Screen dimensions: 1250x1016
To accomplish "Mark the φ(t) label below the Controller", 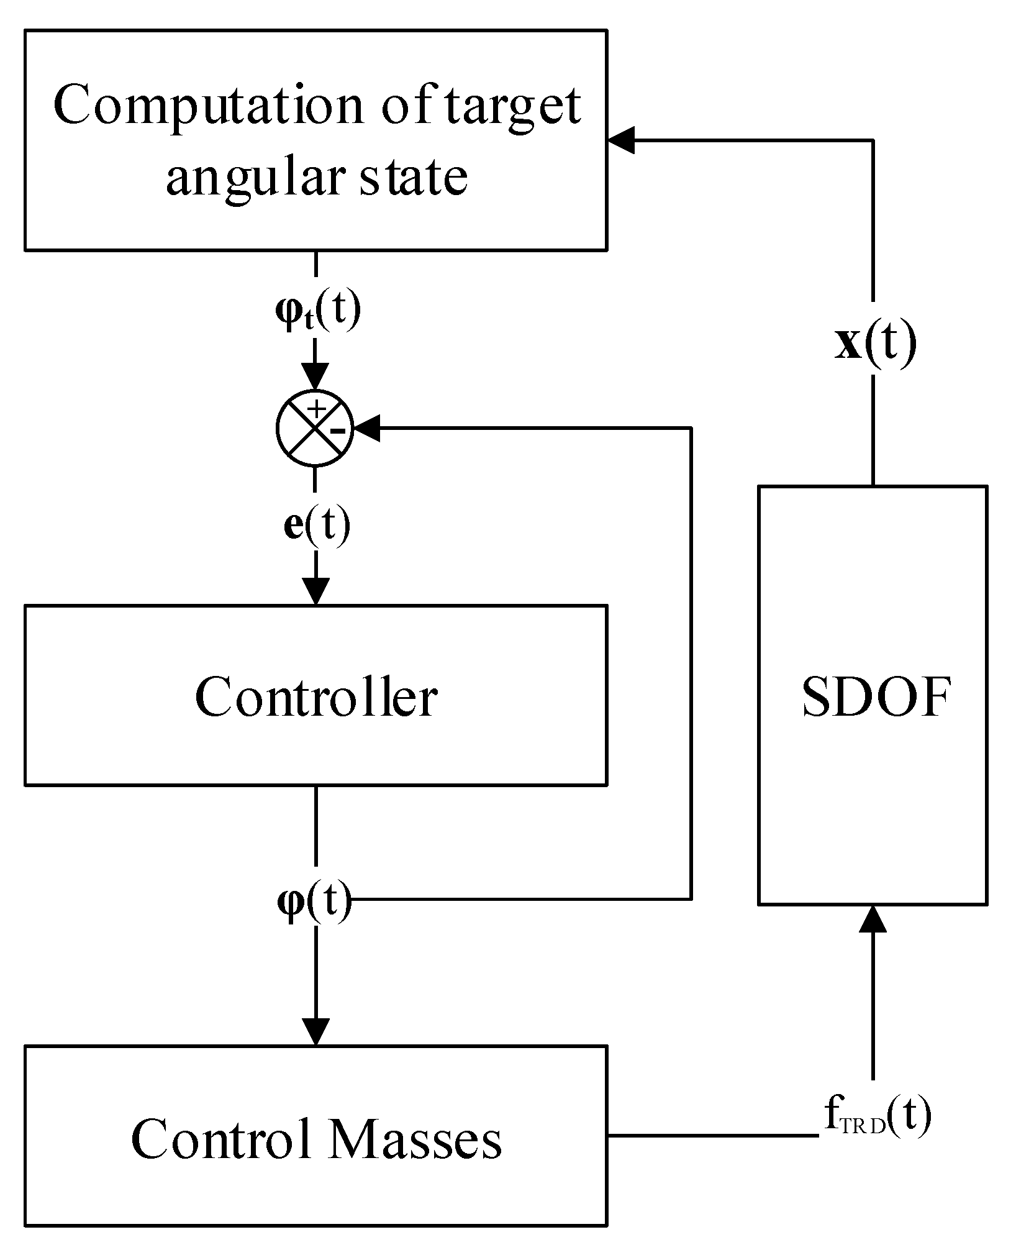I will [x=314, y=900].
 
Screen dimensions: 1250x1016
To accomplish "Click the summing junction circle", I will [x=315, y=429].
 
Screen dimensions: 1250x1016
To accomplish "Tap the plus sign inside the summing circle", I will [x=317, y=409].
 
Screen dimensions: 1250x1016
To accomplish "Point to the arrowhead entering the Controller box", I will [x=315, y=590].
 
